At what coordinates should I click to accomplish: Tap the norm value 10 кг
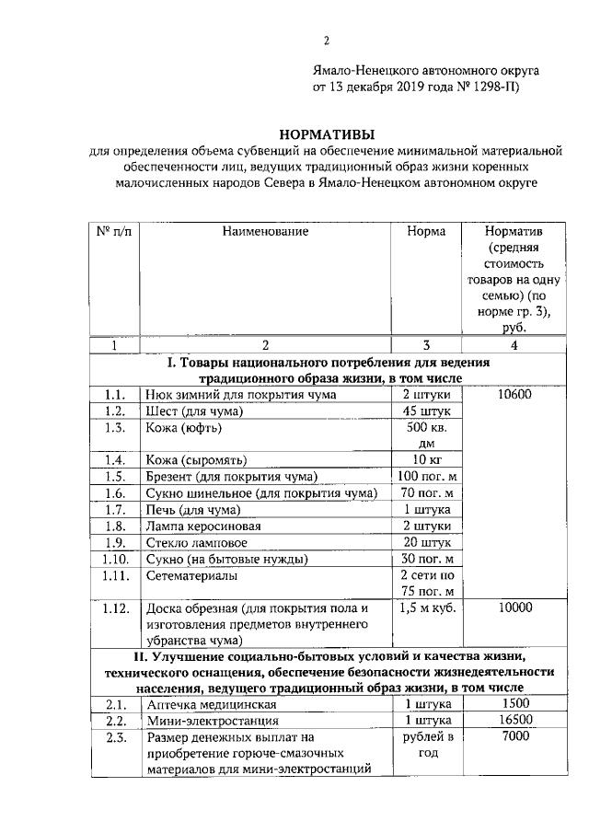(426, 459)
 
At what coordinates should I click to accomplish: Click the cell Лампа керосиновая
(203, 526)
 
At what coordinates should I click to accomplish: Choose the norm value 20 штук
(426, 542)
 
